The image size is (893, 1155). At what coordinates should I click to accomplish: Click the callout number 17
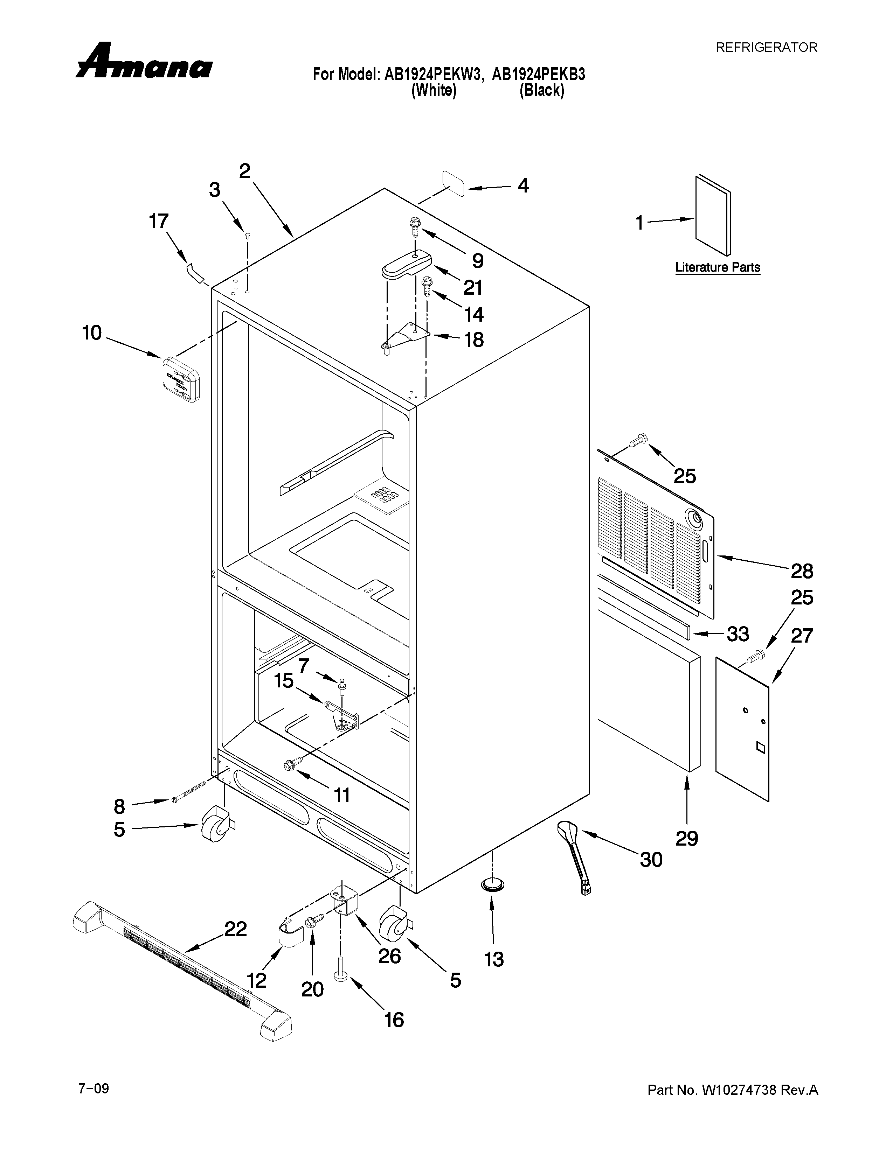pos(158,221)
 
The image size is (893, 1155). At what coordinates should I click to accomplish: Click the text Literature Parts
pos(717,268)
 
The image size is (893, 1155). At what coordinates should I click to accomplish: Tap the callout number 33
pos(738,633)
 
